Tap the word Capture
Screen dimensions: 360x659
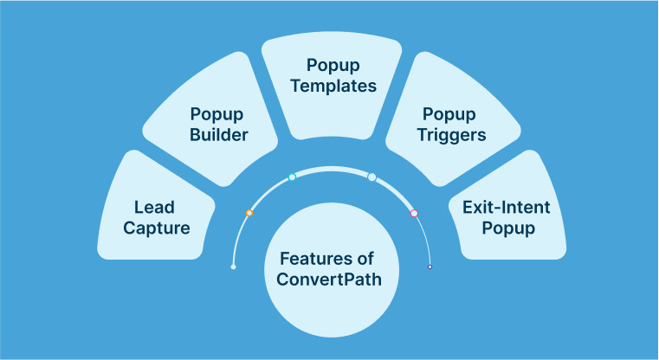[157, 229]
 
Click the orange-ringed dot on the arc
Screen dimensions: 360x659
[249, 212]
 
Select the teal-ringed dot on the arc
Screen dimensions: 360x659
[292, 177]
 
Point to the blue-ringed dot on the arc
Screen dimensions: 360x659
[371, 177]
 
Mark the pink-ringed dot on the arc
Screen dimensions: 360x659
[414, 213]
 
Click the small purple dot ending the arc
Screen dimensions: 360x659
[430, 267]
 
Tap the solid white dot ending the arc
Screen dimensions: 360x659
[233, 267]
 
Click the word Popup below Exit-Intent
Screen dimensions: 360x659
[507, 229]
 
